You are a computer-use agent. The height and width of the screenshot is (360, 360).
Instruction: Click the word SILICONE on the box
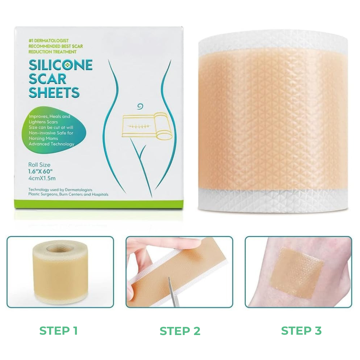coord(60,65)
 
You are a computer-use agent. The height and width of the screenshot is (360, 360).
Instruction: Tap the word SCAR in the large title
coord(47,79)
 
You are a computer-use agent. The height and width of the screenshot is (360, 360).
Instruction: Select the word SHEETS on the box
coord(54,92)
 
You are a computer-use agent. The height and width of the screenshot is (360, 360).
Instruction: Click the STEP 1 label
coord(58,331)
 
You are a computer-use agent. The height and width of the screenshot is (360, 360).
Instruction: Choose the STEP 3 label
coord(301,331)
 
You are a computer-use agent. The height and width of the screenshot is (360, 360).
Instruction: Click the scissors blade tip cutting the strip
coord(169,278)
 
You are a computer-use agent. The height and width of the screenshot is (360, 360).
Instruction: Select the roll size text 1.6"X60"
coord(40,171)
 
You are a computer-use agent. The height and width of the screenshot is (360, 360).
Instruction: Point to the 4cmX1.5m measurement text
coord(42,178)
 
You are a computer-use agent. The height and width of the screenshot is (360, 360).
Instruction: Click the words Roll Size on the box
coord(39,165)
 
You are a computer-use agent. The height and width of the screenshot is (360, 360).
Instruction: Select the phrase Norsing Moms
coord(43,139)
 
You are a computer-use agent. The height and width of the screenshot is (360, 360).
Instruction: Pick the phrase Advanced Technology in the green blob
coord(51,144)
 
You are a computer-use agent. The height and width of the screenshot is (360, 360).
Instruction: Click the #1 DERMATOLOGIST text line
coord(49,41)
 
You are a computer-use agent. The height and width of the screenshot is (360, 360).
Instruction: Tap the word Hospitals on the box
coord(100,194)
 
